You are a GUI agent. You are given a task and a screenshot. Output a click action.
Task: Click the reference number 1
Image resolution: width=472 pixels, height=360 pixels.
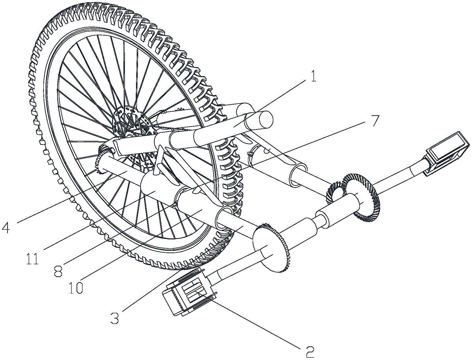pos(313,76)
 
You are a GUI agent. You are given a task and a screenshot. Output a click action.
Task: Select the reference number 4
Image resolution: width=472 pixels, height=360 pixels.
pos(6,227)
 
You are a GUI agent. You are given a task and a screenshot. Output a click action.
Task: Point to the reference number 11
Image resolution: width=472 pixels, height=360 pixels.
pos(33,258)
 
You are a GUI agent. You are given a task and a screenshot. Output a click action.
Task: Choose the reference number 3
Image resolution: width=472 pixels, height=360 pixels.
pos(114,318)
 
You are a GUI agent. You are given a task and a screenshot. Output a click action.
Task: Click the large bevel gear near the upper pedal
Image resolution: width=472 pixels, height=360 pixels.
pos(362,197)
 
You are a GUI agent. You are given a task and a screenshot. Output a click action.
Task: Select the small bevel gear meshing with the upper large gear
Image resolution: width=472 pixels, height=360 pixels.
pos(335,191)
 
